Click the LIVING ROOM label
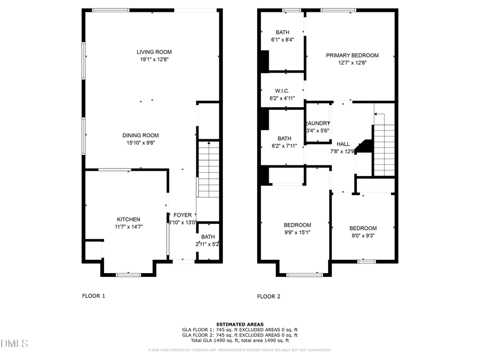[x=154, y=52]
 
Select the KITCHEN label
[x=129, y=219]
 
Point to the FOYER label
[x=182, y=215]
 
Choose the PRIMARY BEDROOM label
[x=352, y=55]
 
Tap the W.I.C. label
[x=282, y=91]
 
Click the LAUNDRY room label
[x=318, y=123]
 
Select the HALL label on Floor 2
[x=343, y=144]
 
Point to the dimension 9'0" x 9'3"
[x=363, y=236]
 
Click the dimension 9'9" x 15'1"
[x=297, y=232]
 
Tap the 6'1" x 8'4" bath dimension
[x=282, y=39]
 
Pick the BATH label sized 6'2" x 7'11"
[x=284, y=138]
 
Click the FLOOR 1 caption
[x=93, y=296]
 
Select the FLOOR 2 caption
[x=269, y=296]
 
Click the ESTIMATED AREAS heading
[x=239, y=324]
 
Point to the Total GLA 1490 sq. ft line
[x=239, y=340]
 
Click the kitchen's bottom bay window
[x=129, y=275]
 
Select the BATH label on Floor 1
[x=208, y=237]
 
